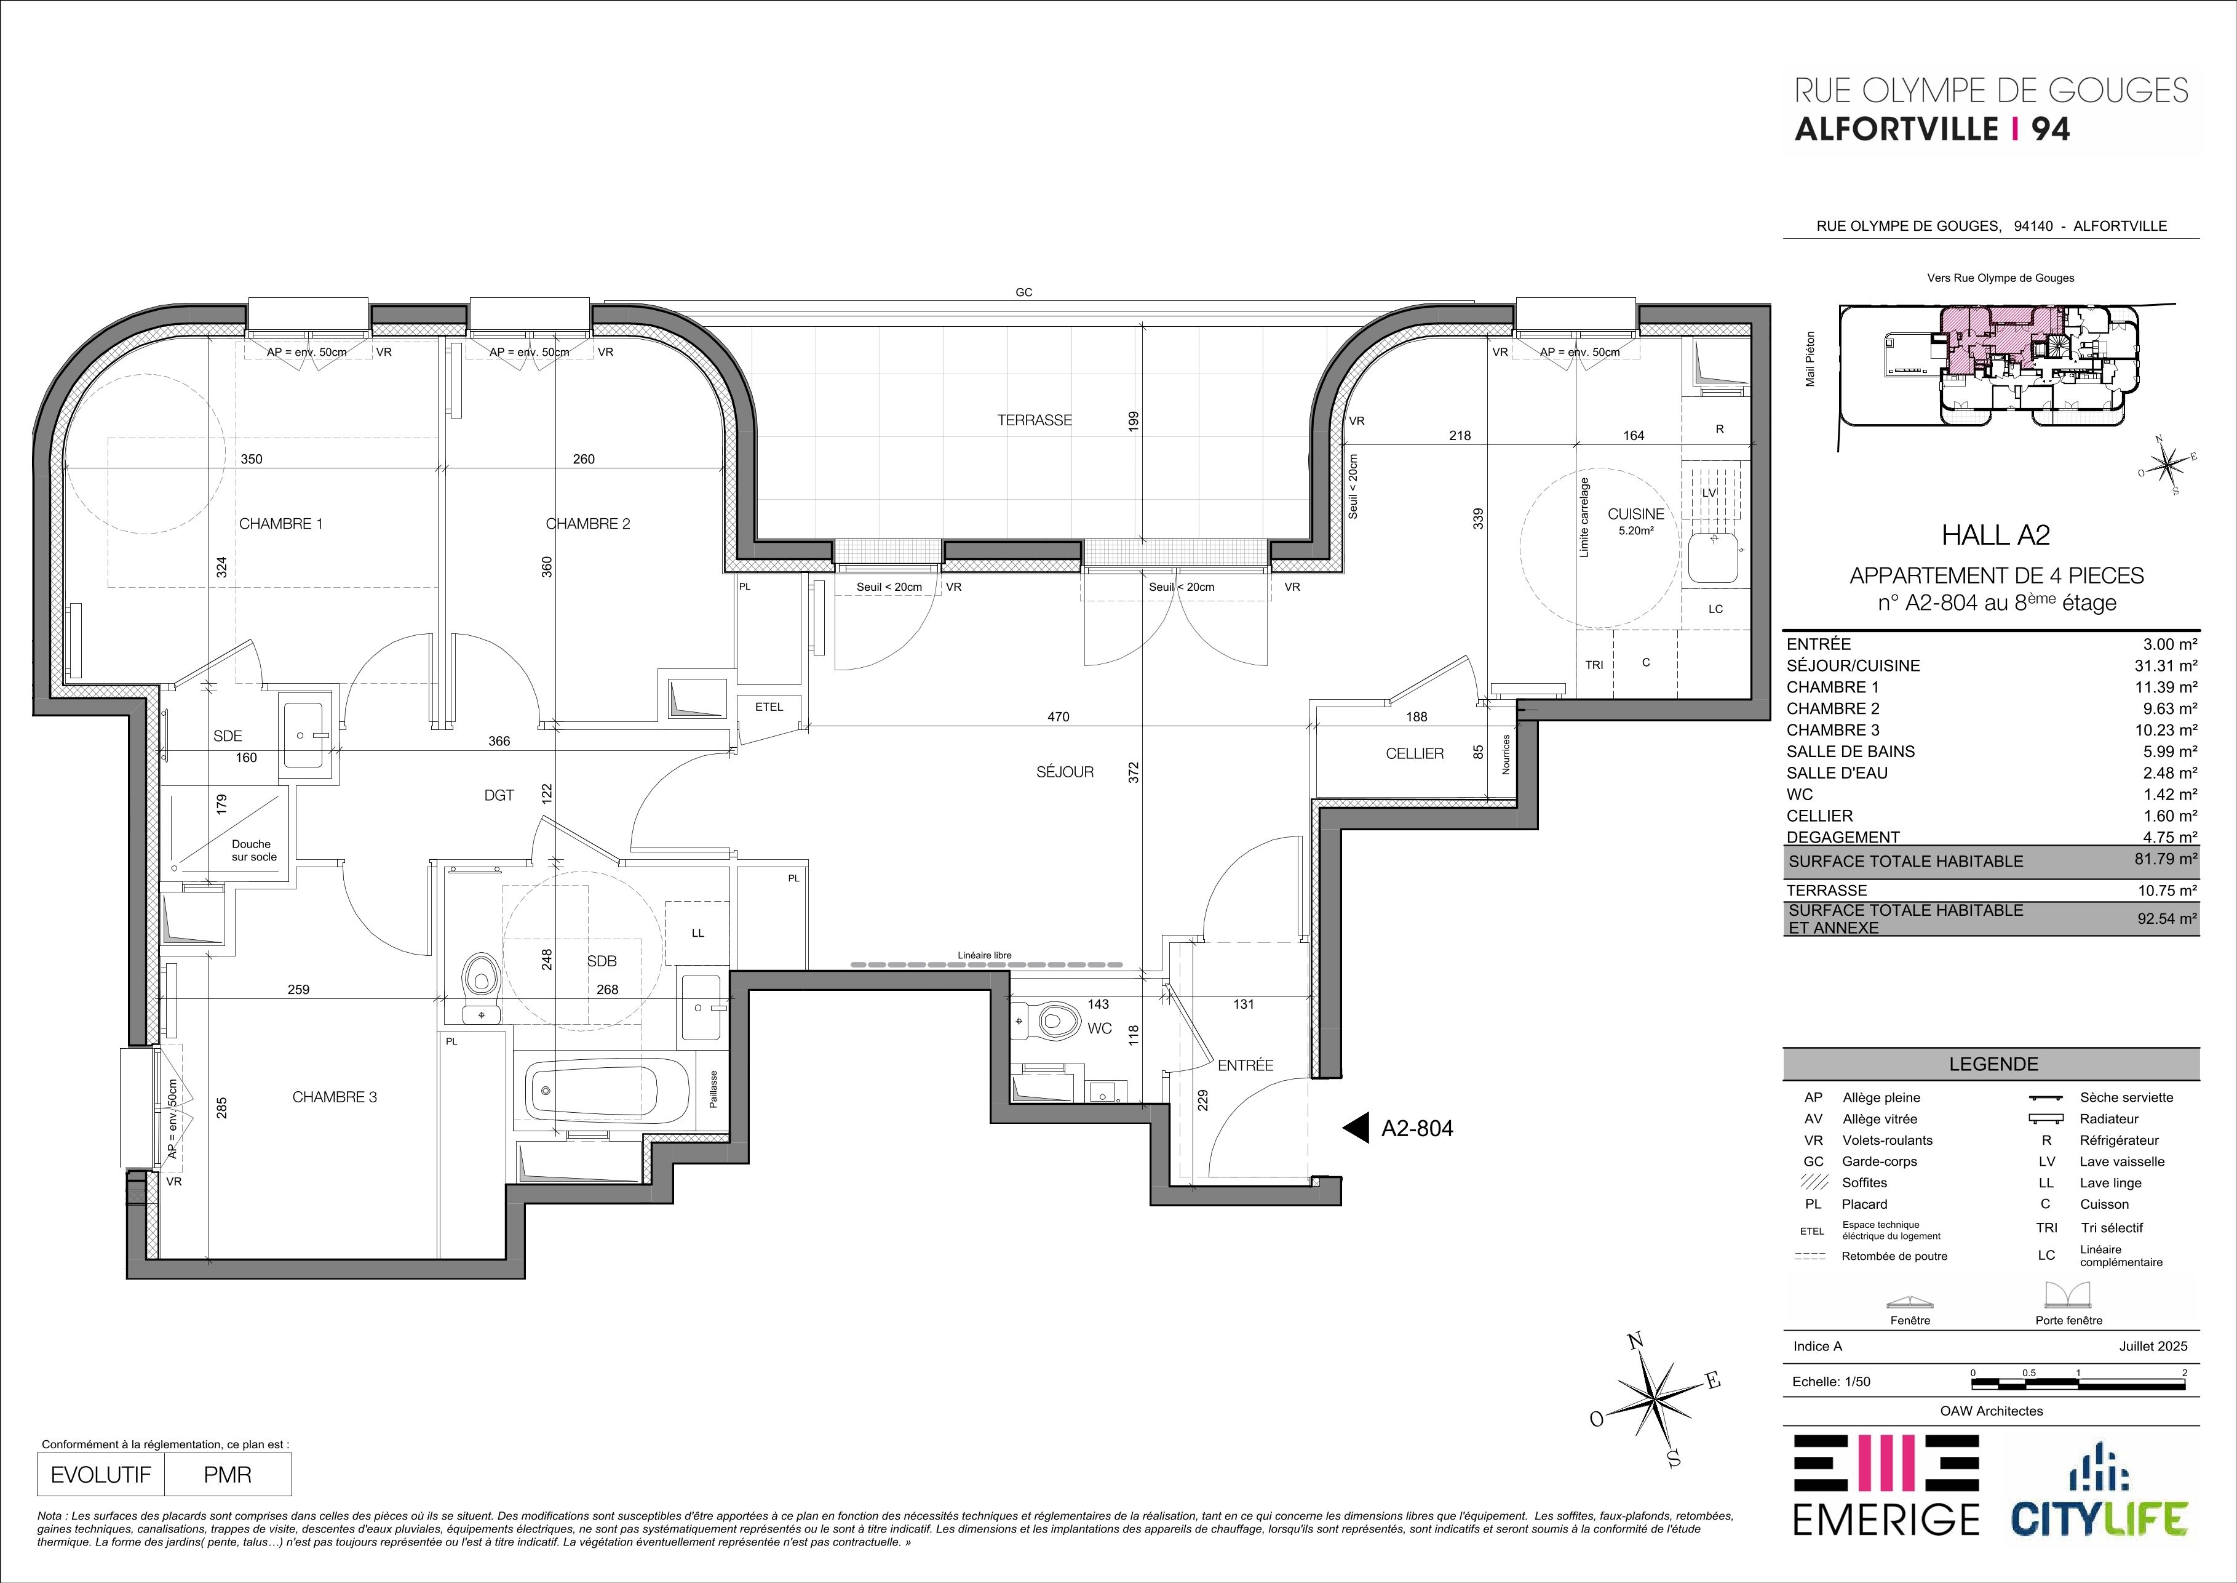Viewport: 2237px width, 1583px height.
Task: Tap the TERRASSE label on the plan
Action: point(1034,420)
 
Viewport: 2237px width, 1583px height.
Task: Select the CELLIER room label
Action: point(1415,753)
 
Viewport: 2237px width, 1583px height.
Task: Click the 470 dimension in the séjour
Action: point(1058,716)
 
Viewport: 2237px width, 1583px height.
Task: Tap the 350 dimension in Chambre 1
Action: point(252,459)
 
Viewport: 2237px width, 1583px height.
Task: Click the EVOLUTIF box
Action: point(101,1475)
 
